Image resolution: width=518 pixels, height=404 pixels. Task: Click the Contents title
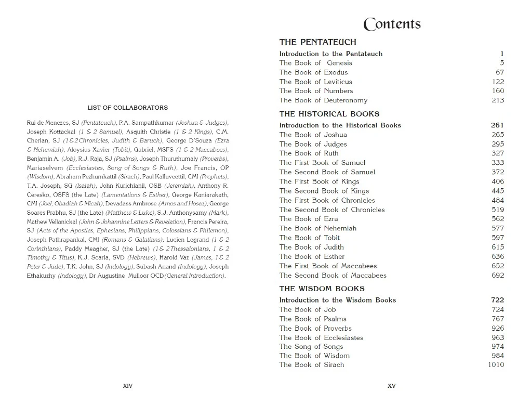point(392,24)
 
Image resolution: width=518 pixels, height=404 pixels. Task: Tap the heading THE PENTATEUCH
point(317,42)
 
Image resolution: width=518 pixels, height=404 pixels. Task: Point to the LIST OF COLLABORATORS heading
point(127,108)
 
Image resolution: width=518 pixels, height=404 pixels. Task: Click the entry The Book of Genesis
point(315,63)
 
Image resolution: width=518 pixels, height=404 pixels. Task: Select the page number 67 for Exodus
point(499,72)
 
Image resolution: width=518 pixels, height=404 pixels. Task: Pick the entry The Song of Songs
point(311,347)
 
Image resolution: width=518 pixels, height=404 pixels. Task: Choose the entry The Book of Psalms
point(313,319)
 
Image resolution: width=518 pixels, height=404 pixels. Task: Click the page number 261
point(497,125)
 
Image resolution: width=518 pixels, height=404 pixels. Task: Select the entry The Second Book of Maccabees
point(333,276)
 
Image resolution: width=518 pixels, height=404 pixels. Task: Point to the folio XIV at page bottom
point(127,386)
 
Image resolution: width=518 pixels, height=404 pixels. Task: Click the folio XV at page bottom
point(392,386)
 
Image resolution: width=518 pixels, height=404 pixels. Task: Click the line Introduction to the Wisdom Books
point(337,300)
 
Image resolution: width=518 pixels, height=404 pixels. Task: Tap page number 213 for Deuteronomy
point(497,100)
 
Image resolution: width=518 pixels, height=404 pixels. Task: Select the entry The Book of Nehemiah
point(317,228)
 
